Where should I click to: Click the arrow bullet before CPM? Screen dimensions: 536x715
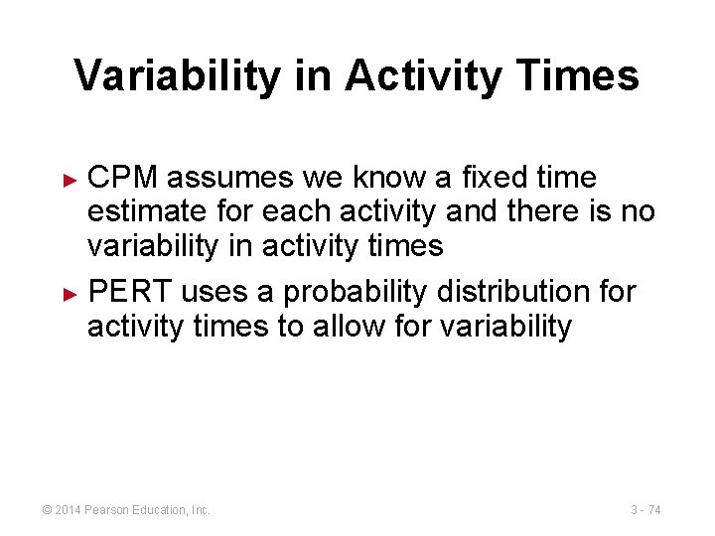[70, 180]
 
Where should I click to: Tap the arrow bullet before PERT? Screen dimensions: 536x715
[70, 295]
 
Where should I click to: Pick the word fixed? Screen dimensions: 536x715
[477, 178]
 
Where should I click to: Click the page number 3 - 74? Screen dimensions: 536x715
[645, 510]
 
